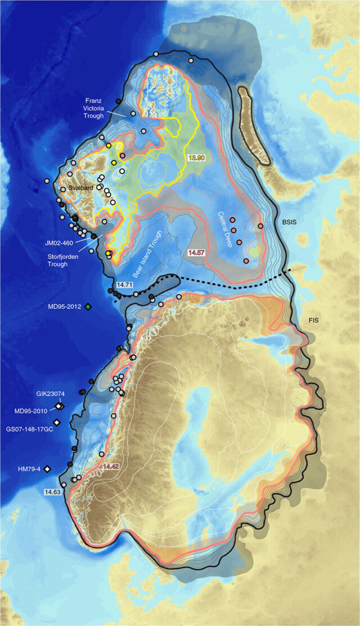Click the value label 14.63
tap(53, 491)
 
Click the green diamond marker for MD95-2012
tap(88, 306)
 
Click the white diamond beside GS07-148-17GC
tap(56, 422)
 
